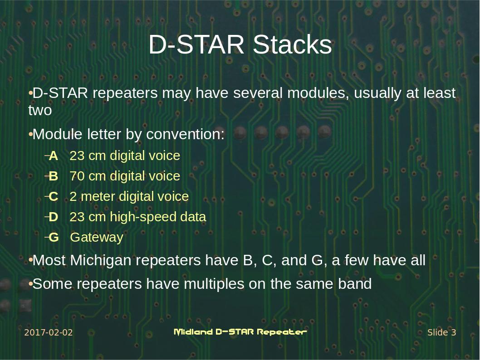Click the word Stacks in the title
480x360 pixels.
292,45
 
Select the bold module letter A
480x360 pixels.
54,156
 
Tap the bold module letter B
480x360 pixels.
54,176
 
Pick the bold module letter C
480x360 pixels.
54,197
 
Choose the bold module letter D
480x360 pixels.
54,217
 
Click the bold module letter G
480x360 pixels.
54,238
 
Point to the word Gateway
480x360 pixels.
97,238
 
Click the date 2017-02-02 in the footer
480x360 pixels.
48,333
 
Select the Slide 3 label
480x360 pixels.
441,333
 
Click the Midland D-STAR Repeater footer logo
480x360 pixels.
240,332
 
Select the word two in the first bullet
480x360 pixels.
40,111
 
